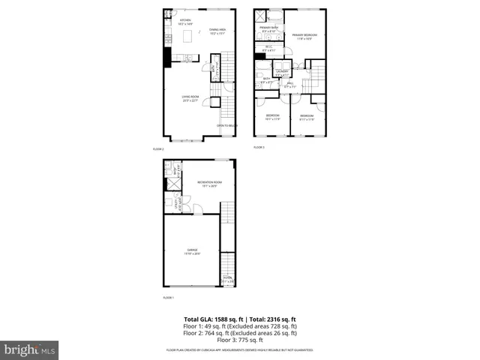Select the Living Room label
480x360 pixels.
[190, 97]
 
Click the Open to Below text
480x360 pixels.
[226, 125]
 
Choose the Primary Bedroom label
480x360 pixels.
[303, 35]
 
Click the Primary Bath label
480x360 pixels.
[268, 28]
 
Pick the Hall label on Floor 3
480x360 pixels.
[290, 85]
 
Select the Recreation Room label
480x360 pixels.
[210, 183]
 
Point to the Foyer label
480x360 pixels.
[228, 279]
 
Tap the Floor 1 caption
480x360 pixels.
[169, 298]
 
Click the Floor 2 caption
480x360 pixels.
[169, 149]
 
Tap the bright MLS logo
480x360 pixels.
[28, 349]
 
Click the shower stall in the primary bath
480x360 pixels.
[260, 16]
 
